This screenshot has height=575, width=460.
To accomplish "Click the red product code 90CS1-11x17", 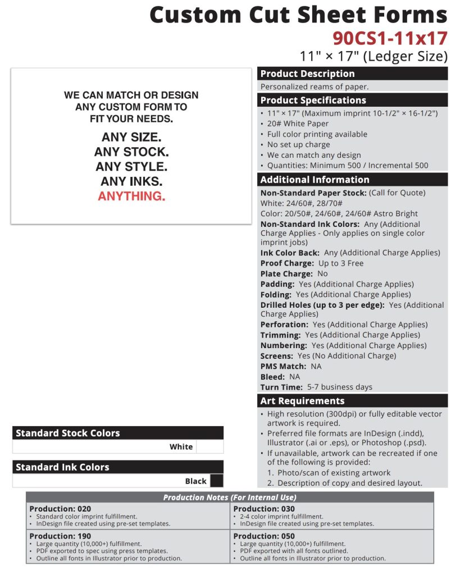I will click(390, 38).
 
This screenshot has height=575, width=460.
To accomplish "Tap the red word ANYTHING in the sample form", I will click(131, 196).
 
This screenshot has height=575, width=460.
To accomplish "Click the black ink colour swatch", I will click(216, 481).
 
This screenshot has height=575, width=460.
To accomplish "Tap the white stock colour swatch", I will click(209, 447).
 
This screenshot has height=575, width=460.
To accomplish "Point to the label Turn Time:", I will click(281, 387).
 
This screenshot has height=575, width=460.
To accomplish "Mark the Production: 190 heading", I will click(60, 536).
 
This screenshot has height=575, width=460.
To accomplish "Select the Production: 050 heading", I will click(264, 536).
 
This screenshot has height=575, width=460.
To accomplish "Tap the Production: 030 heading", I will click(264, 509).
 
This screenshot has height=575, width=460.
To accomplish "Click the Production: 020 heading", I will click(60, 509).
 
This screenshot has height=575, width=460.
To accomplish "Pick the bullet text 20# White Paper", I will click(298, 124).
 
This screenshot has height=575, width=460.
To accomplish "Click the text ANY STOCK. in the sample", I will click(131, 152).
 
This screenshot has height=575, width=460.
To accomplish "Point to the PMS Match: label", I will click(283, 366).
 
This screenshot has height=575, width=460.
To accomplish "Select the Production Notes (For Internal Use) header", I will click(230, 498).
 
